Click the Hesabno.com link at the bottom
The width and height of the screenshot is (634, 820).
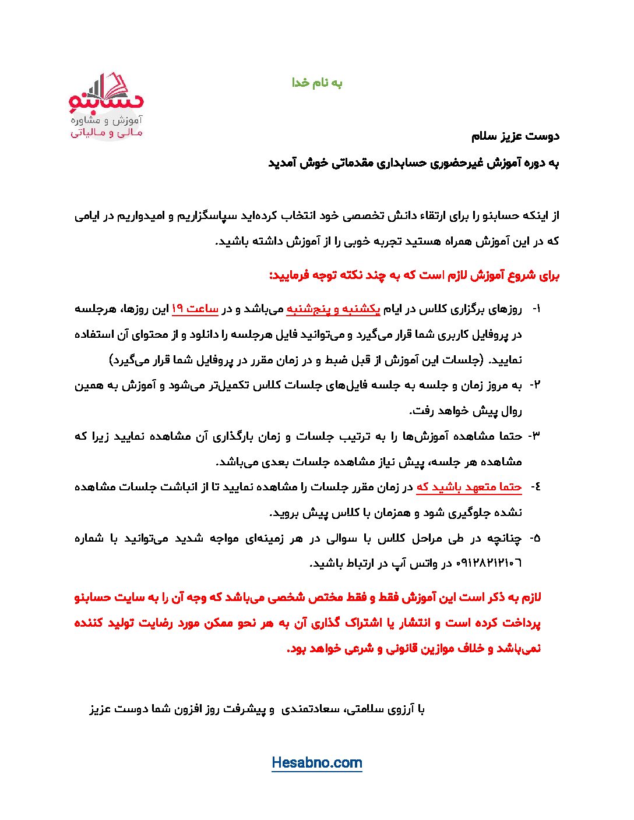click(x=316, y=763)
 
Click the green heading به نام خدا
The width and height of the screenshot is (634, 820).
click(x=317, y=83)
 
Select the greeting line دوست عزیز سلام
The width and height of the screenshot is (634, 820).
click(x=515, y=136)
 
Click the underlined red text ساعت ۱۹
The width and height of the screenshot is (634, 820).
click(x=195, y=309)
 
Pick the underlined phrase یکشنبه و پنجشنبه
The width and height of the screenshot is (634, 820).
click(x=333, y=309)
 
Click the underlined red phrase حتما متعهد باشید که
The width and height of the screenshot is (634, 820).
click(x=469, y=487)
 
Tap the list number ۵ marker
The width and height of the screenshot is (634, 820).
click(x=534, y=538)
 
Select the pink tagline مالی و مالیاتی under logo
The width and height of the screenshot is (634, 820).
click(x=107, y=133)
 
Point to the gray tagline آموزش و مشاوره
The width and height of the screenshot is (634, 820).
click(x=107, y=121)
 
